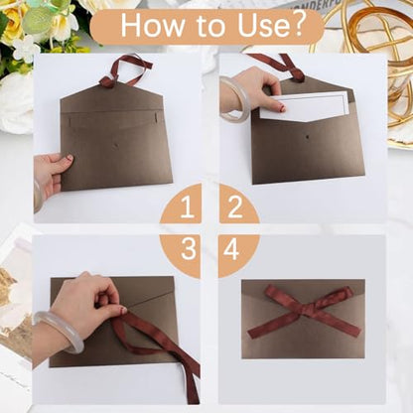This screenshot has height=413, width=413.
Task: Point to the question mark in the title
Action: [298, 25]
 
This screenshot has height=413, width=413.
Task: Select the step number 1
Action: [187, 207]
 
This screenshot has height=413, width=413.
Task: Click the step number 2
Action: [235, 206]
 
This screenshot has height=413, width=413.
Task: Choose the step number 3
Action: [189, 248]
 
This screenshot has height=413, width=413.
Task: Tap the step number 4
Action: [231, 248]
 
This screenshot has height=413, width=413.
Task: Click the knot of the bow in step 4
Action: [302, 308]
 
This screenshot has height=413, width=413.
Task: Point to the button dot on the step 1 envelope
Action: [115, 145]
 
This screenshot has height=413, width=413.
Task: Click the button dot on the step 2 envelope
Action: [309, 136]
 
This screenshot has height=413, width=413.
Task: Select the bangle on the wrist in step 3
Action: [60, 331]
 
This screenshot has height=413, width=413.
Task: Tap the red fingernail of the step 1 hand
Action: [69, 158]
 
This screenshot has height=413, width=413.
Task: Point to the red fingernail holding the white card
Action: [282, 108]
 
